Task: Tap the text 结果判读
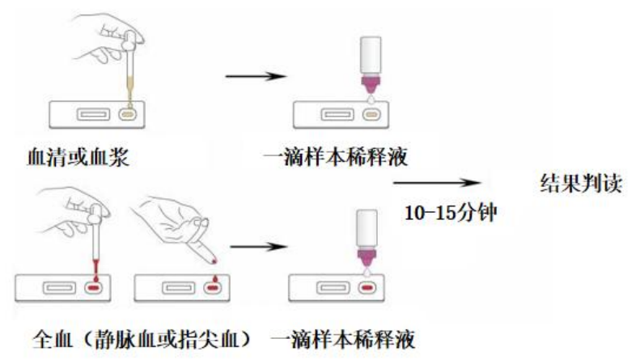pos(580,183)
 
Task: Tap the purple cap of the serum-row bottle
pos(371,83)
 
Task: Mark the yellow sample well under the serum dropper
pos(128,115)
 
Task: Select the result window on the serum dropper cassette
pos(89,115)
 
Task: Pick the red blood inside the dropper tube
pos(96,266)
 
